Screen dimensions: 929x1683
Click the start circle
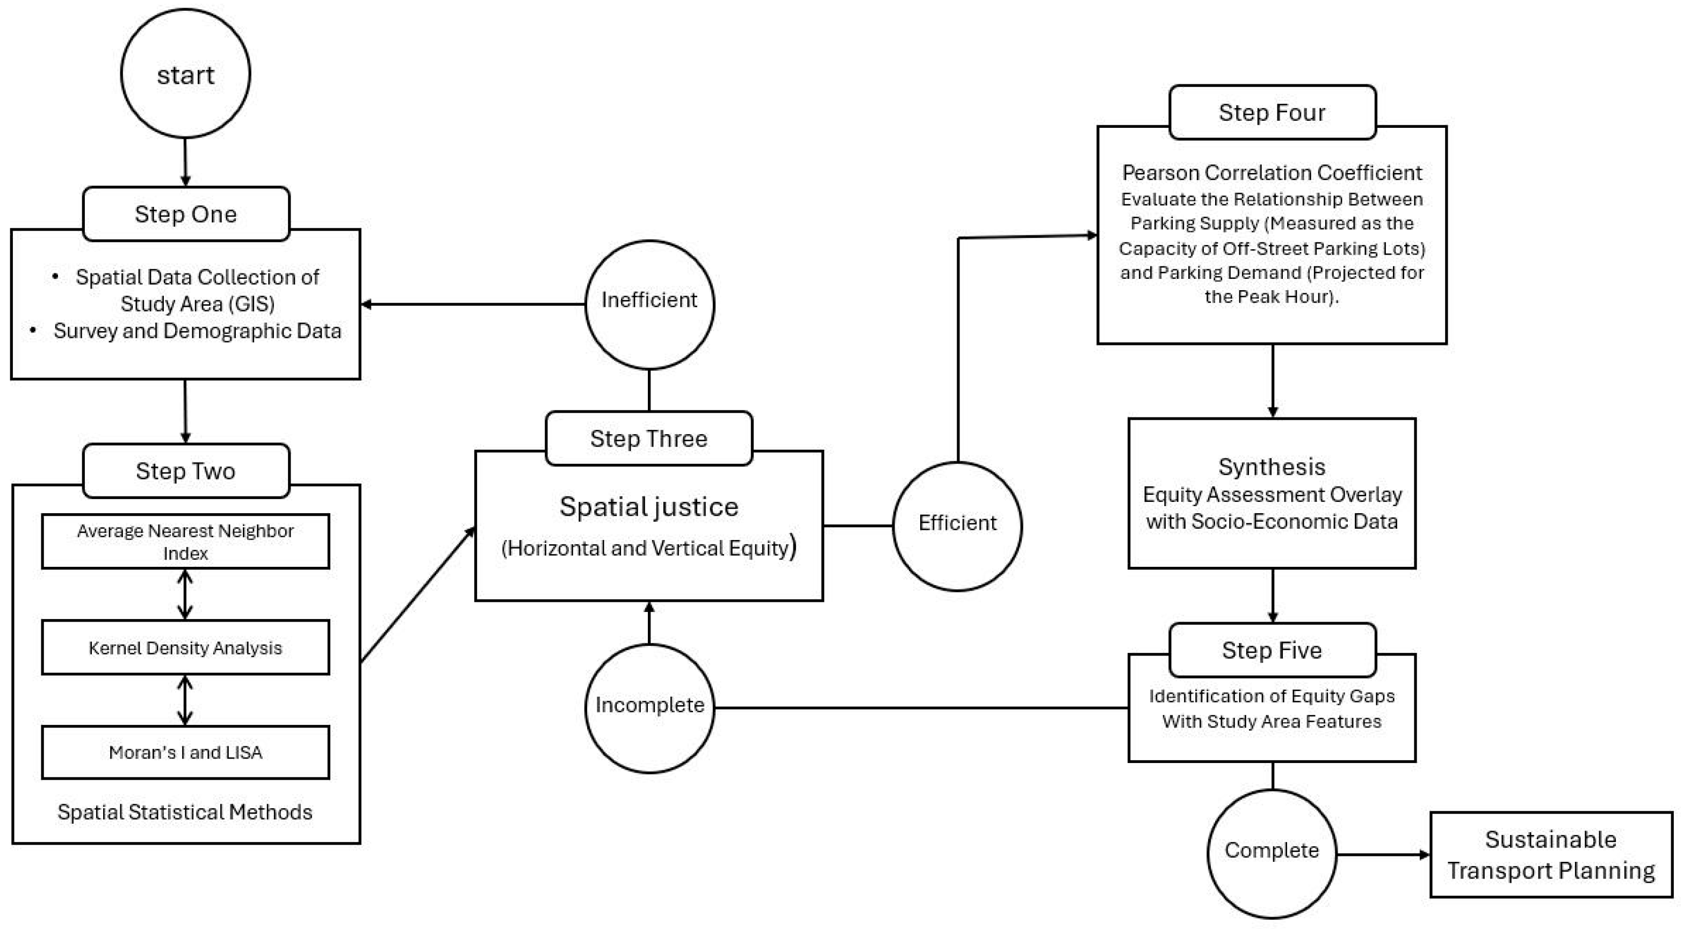click(x=185, y=73)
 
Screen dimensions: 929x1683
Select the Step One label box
click(x=185, y=214)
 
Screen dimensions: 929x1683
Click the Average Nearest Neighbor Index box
click(x=185, y=542)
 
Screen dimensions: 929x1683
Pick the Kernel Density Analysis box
click(x=185, y=647)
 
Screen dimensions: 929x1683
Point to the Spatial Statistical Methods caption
click(x=185, y=812)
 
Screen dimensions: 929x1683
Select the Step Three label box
click(x=649, y=438)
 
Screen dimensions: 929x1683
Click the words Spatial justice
click(x=649, y=508)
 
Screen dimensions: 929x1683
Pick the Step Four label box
click(x=1272, y=112)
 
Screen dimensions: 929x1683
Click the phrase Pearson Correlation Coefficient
click(x=1272, y=172)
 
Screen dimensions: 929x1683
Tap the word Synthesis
click(x=1272, y=467)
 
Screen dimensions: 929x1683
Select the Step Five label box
click(x=1272, y=650)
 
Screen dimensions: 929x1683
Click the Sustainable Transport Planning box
click(x=1551, y=854)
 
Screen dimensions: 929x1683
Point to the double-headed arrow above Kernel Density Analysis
click(x=185, y=594)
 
